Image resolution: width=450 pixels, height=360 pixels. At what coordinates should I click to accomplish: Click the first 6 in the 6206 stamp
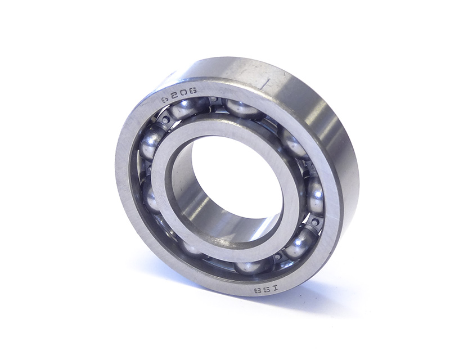165,100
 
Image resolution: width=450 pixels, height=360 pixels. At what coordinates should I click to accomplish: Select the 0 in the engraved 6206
184,93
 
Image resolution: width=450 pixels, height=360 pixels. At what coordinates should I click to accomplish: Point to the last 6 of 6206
193,91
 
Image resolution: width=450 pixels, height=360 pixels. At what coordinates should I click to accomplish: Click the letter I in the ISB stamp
275,287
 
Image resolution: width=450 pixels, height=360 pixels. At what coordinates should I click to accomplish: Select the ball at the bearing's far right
315,196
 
